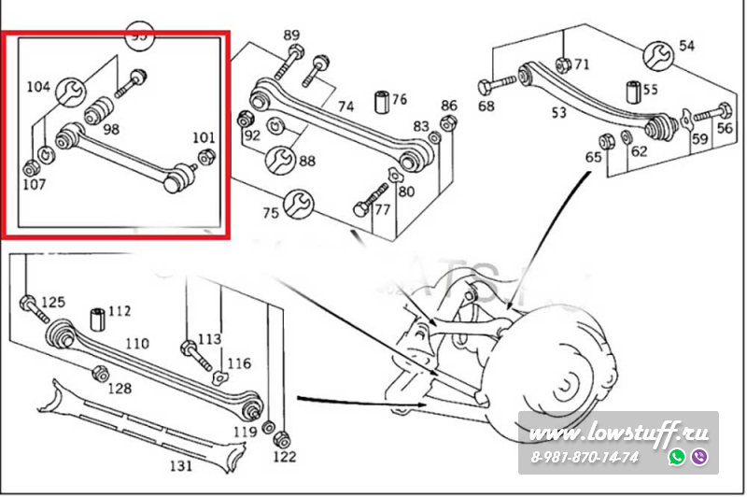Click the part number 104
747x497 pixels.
38,87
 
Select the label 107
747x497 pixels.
34,184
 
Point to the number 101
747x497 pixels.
204,138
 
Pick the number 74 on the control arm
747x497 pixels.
345,106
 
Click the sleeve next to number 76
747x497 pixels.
381,99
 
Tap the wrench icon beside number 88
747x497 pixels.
278,161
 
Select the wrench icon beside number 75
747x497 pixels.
298,201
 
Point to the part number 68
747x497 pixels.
486,106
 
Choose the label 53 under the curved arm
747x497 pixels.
558,114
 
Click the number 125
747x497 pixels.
53,302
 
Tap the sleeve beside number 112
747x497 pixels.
96,317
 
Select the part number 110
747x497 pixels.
136,344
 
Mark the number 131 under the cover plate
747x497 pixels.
179,464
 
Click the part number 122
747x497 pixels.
284,456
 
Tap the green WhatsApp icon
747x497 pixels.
677,457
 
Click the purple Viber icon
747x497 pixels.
698,457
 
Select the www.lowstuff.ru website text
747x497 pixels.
620,434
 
